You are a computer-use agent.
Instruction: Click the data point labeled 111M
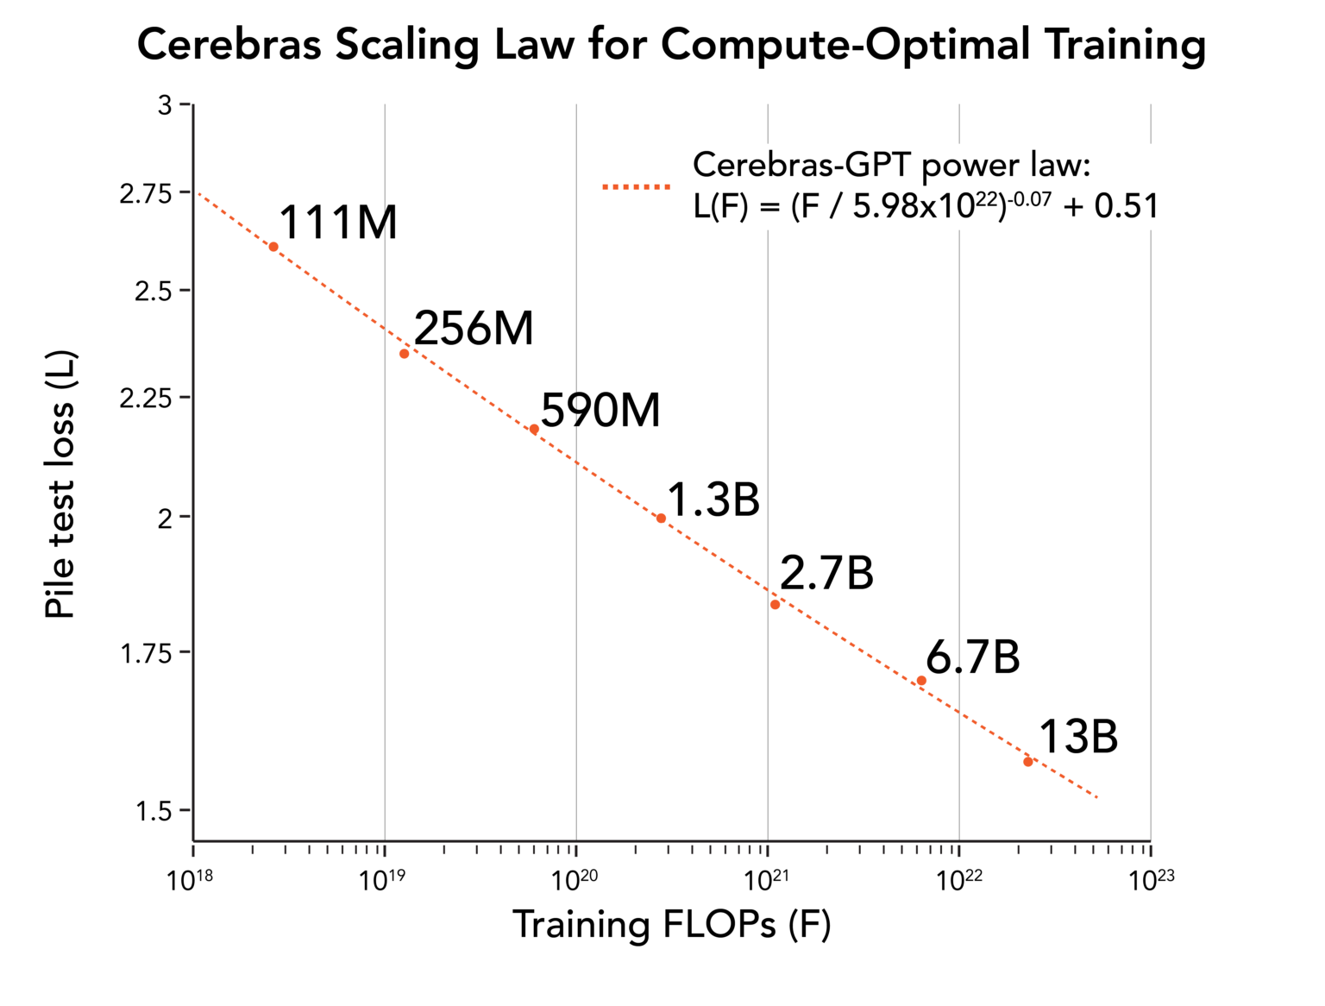pos(273,247)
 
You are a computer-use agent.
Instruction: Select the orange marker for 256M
pos(404,354)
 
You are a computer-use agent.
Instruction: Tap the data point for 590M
pos(534,430)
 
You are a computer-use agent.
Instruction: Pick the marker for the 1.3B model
pos(661,519)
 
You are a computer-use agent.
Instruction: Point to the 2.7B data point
pos(775,605)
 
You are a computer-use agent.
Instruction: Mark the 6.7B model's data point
pos(921,681)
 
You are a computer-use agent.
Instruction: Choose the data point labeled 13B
pos(1027,762)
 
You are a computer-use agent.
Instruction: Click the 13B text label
pos(1077,738)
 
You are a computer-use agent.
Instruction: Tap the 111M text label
pos(338,223)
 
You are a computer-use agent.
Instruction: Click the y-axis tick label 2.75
pos(143,193)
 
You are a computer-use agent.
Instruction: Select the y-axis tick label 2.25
pos(143,399)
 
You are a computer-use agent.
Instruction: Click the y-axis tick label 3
pos(164,105)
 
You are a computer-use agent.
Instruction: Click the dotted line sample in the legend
pos(636,186)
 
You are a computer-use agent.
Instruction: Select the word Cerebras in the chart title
pos(229,45)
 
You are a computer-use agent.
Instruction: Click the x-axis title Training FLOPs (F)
pos(671,925)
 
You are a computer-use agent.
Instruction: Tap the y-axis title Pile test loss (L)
pos(60,485)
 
